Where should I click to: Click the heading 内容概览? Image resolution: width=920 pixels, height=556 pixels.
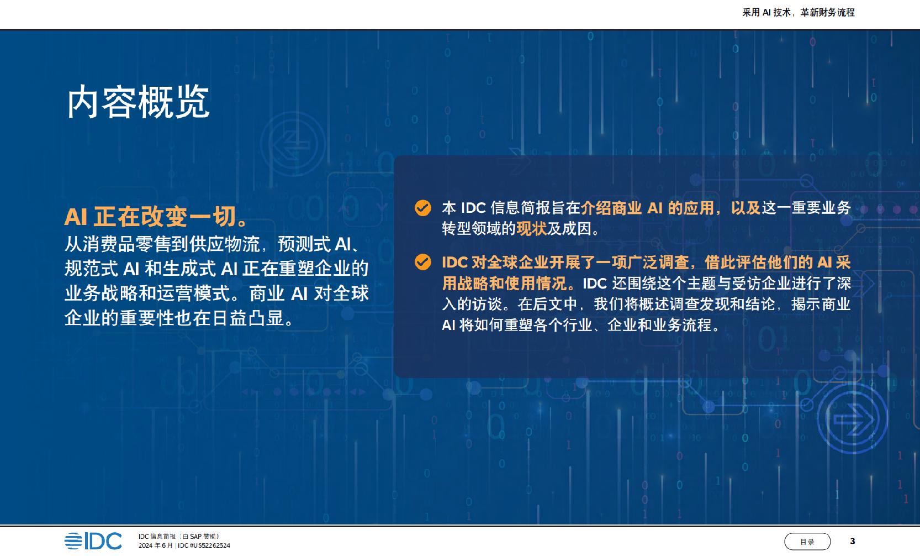coord(138,102)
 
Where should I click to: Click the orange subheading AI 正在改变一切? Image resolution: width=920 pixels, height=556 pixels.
coord(156,217)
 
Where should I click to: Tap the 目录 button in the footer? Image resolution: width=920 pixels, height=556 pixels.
coord(807,542)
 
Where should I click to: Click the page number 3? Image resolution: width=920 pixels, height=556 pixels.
coord(852,541)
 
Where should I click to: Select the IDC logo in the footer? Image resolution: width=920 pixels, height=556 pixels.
coord(93,541)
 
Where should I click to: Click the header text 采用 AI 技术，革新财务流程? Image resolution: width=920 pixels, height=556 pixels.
coord(799,12)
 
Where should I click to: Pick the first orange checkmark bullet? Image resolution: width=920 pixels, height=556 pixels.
coord(422,208)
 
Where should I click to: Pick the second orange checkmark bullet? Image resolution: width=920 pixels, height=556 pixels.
coord(422,262)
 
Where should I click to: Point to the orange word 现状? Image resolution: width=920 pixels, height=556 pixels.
coord(531,228)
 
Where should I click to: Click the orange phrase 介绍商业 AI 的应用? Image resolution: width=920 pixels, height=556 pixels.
coord(647,208)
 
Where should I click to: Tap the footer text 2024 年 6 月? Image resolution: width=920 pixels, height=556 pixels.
coord(156,545)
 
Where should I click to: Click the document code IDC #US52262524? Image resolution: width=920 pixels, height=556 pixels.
coord(204,545)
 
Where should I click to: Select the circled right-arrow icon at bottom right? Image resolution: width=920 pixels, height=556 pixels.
coord(853,418)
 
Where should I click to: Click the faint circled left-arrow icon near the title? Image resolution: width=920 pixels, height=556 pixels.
coord(293,144)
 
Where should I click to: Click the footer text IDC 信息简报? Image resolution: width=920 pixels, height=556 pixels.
coord(157,536)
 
